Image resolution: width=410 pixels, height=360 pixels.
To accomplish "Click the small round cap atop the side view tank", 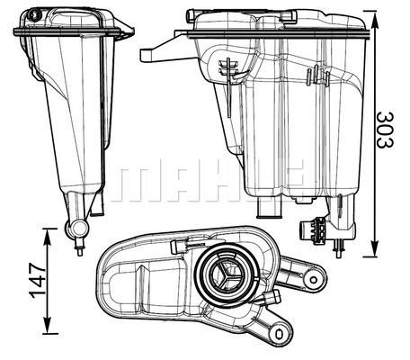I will point(34,15).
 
